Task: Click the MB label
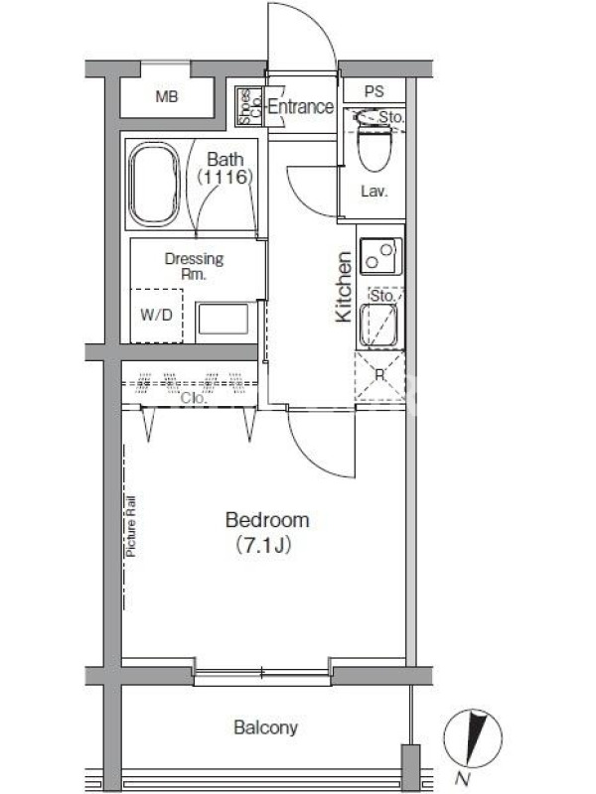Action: click(167, 96)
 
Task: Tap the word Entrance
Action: click(301, 107)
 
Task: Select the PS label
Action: click(374, 91)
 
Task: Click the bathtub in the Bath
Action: click(155, 184)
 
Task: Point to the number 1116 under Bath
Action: click(225, 178)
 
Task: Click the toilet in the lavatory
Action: click(375, 141)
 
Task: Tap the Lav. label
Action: click(374, 192)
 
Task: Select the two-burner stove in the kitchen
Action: click(380, 256)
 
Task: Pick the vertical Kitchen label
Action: click(344, 287)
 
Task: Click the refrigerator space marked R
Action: click(379, 377)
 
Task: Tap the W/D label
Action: click(156, 315)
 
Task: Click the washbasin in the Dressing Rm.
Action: click(223, 319)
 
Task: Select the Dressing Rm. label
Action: click(194, 266)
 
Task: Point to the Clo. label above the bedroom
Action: click(194, 399)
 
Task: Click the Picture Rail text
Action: click(131, 527)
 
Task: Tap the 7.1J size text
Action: click(263, 545)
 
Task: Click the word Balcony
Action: click(265, 728)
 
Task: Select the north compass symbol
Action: click(473, 738)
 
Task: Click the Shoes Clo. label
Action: click(250, 106)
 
